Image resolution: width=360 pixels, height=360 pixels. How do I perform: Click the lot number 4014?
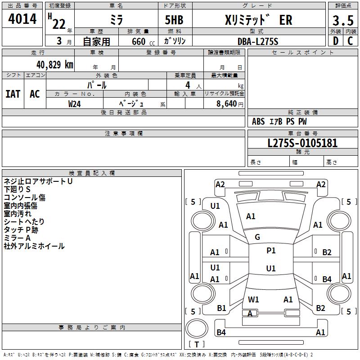pos(22,19)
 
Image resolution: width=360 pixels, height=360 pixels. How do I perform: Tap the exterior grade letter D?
pos(336,41)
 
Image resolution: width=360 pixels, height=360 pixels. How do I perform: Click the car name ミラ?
pos(116,20)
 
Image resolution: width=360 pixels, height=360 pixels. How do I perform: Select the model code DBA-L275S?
pos(258,41)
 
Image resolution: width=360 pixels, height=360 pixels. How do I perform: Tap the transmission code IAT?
pos(13,94)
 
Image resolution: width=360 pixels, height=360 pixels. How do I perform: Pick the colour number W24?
pos(75,103)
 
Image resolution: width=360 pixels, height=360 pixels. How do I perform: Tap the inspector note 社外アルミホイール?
pos(34,246)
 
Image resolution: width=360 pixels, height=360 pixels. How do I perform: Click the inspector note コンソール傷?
pos(25,198)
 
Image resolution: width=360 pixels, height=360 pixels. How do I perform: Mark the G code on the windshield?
pos(257,237)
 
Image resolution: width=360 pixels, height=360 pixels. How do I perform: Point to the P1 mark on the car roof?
pos(271,251)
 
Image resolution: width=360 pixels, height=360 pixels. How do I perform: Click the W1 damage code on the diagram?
pos(253,299)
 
